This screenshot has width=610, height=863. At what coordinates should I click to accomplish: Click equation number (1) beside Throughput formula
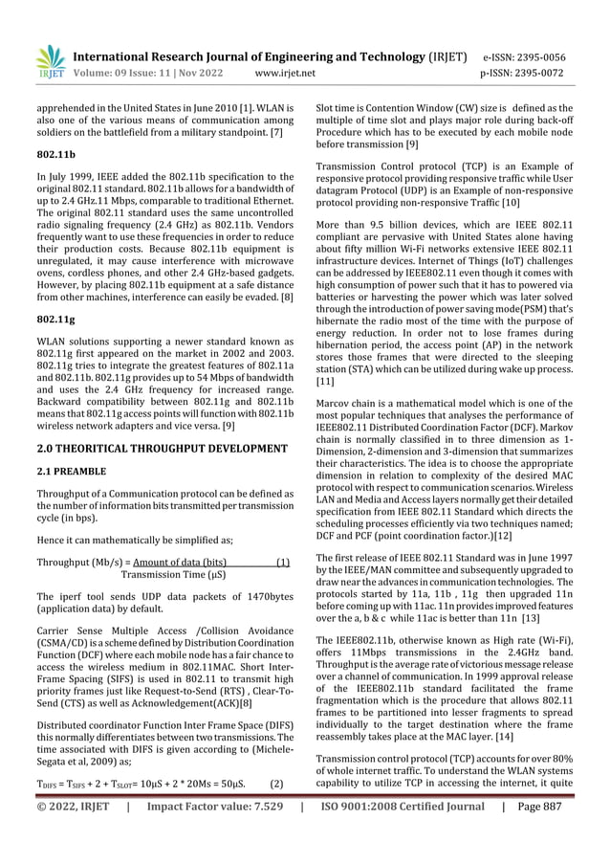(x=282, y=562)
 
